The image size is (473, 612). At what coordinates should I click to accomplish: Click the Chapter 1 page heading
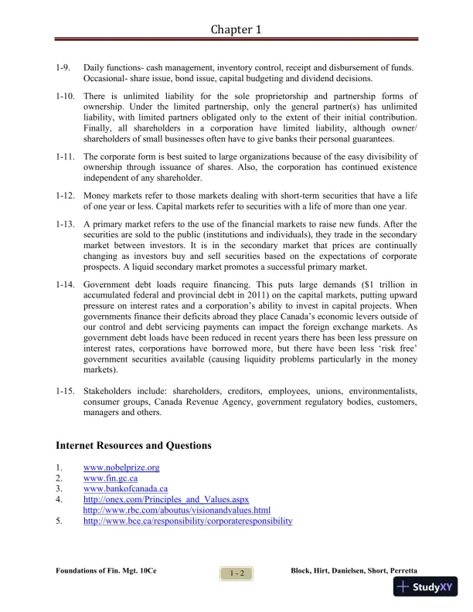236,30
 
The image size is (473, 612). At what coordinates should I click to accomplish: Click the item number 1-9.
64,69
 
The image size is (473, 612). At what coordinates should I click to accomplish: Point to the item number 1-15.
66,391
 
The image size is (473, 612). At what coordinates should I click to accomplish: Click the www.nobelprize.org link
121,467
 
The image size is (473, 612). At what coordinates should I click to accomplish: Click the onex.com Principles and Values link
165,500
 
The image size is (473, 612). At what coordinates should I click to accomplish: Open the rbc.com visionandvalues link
176,510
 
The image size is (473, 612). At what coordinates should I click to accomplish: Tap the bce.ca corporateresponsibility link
188,521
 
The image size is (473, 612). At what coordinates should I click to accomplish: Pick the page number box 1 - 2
236,573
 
